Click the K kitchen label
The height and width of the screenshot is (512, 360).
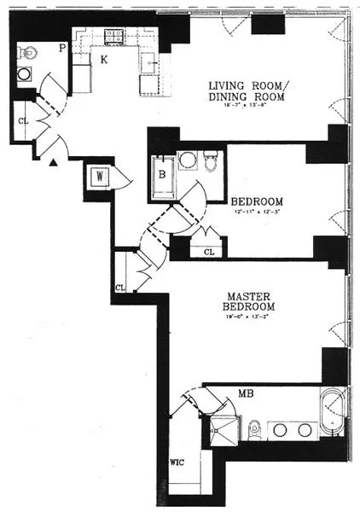click(x=103, y=60)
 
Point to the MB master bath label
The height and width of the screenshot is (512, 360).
click(x=245, y=393)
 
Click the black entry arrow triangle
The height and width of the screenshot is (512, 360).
click(x=55, y=161)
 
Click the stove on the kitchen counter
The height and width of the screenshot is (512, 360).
click(x=113, y=37)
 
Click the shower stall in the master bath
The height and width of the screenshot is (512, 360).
click(x=221, y=430)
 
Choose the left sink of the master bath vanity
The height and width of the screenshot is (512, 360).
click(x=280, y=427)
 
